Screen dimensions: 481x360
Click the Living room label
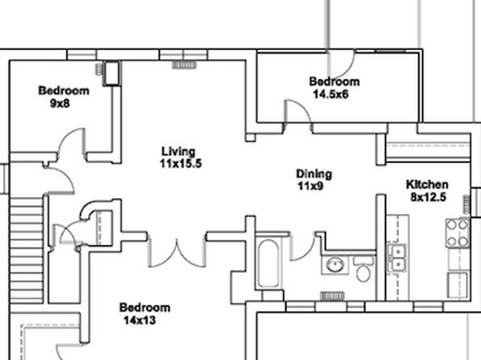pyautogui.click(x=178, y=151)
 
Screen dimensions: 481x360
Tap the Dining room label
pyautogui.click(x=314, y=174)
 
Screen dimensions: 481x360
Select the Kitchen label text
pyautogui.click(x=427, y=185)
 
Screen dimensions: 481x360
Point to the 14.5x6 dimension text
pyautogui.click(x=331, y=94)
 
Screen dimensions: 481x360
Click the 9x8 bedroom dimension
pyautogui.click(x=60, y=103)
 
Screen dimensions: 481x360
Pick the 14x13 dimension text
pyautogui.click(x=140, y=320)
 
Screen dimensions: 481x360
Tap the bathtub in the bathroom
pyautogui.click(x=268, y=263)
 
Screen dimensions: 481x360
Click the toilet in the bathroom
pyautogui.click(x=363, y=269)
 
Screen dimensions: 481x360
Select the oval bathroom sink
pyautogui.click(x=335, y=265)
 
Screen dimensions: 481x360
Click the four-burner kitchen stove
pyautogui.click(x=457, y=233)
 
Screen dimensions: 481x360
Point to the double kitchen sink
pyautogui.click(x=397, y=258)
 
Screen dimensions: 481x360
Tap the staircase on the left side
pyautogui.click(x=27, y=250)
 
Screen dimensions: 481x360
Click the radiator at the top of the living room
pyautogui.click(x=184, y=65)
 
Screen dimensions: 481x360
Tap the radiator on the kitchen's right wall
pyautogui.click(x=466, y=204)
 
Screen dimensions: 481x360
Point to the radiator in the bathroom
pyautogui.click(x=333, y=295)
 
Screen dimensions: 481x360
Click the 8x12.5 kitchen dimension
pyautogui.click(x=429, y=197)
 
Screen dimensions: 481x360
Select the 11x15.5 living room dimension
pyautogui.click(x=181, y=164)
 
